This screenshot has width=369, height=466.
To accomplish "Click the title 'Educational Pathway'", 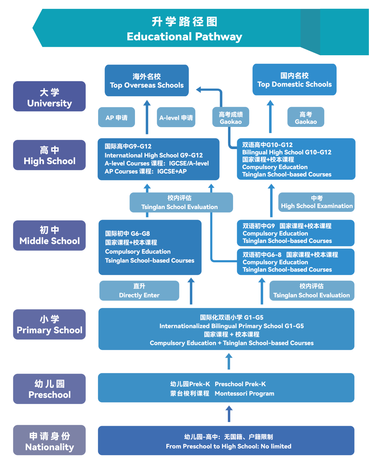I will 184,37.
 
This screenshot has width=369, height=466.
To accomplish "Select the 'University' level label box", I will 49,97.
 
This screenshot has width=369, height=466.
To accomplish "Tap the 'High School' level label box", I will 49,155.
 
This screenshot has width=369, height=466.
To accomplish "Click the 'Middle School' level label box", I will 49,235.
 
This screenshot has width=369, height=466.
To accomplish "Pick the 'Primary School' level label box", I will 49,324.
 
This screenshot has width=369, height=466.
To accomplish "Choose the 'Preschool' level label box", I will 49,389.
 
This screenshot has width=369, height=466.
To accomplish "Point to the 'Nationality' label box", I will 49,440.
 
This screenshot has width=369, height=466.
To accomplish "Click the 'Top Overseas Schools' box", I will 147,81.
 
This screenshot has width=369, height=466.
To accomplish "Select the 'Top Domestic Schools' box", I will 294,80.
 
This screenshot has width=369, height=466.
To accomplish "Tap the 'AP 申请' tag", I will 117,118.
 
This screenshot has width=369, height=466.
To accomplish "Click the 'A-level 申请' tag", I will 176,118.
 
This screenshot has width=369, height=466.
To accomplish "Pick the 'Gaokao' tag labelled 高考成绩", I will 231,118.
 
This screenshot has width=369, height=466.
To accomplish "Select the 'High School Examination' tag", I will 316,202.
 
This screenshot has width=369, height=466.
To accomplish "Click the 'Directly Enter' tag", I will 139,291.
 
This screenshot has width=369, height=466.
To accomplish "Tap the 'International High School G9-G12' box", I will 158,159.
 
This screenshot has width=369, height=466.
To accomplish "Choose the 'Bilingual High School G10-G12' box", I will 296,159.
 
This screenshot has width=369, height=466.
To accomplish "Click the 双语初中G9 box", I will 296,233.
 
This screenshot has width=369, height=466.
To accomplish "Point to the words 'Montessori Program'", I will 244,393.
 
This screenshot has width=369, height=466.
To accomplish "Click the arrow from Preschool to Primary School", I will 229,361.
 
